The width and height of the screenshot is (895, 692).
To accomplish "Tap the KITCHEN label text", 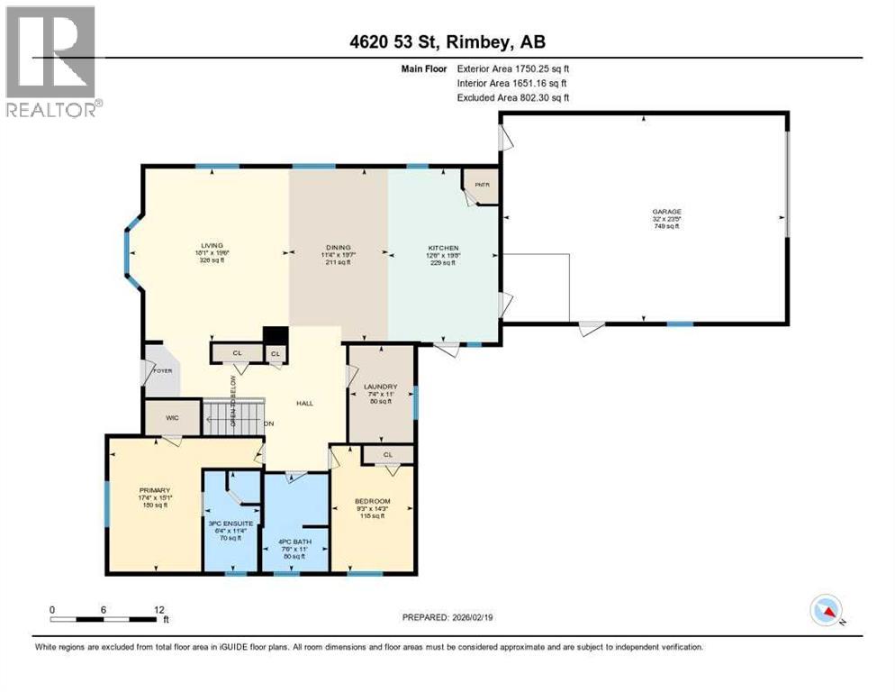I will pos(443,248).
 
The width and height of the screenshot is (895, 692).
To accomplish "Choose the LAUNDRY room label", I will pos(380,387).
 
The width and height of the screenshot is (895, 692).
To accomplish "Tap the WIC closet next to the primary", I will pos(168,418).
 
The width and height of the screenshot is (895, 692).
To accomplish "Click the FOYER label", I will pos(162,370).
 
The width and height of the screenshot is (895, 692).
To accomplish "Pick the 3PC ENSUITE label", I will pos(230,524).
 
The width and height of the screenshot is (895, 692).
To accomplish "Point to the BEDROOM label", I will pos(373,502).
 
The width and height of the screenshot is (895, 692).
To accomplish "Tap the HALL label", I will pos(304,403).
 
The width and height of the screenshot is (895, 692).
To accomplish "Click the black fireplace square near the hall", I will pos(275,334).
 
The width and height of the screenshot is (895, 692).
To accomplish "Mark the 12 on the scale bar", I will pos(158,609).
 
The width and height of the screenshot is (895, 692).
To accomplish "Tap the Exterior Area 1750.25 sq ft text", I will pos(513,68).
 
